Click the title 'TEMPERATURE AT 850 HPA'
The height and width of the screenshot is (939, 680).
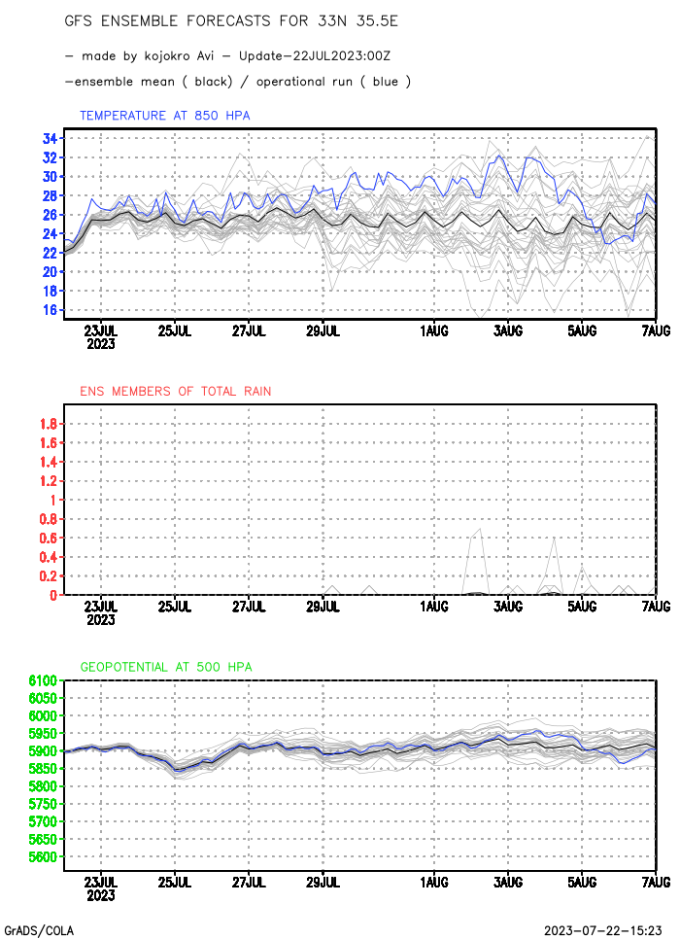tap(164, 116)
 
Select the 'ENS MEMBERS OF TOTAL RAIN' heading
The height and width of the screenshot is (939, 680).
tap(175, 391)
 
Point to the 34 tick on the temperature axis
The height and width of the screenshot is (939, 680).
tap(50, 138)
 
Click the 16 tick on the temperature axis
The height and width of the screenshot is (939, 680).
tap(50, 310)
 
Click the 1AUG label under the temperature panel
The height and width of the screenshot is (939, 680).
tap(434, 331)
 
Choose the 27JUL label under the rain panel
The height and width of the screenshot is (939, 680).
tap(249, 607)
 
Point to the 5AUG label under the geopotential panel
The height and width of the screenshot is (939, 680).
tap(582, 882)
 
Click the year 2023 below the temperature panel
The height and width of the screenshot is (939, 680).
tap(101, 344)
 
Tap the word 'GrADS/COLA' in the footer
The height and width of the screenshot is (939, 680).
tap(39, 929)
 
